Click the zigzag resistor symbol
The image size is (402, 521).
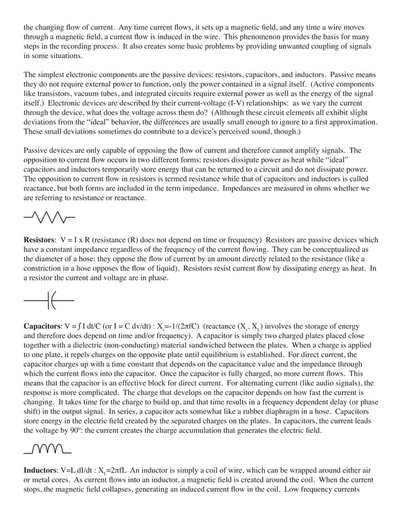[x=49, y=218]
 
